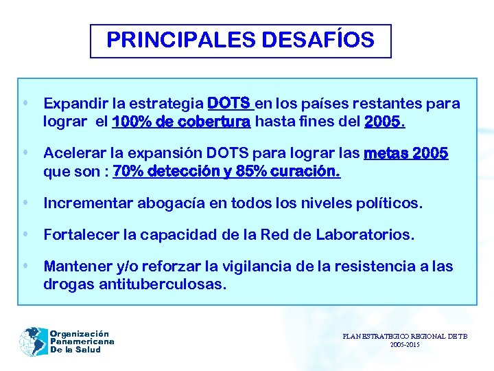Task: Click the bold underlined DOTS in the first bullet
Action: (x=229, y=104)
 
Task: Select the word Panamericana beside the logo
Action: (x=82, y=341)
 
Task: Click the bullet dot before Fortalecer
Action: (x=25, y=234)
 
